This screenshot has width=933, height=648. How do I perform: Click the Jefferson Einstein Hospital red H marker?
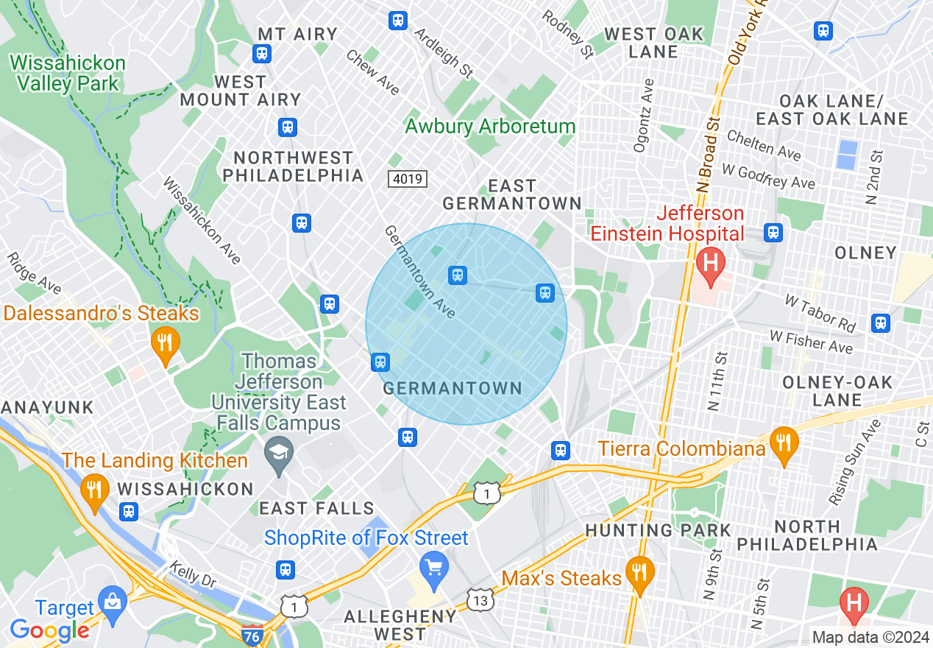click(710, 263)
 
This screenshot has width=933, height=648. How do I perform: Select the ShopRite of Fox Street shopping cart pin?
click(434, 568)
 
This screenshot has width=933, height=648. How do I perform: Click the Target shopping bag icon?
click(113, 600)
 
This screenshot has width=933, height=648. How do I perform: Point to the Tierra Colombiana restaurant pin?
click(784, 443)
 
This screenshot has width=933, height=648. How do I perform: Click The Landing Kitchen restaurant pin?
click(93, 489)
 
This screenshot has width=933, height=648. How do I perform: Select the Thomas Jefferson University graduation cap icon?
click(279, 448)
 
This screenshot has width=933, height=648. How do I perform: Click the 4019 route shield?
click(407, 178)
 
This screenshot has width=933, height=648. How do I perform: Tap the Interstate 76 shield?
click(252, 634)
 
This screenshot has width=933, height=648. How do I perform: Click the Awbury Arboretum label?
click(490, 126)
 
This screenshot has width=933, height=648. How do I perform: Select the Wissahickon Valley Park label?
click(68, 73)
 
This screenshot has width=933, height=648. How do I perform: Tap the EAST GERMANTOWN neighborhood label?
click(512, 194)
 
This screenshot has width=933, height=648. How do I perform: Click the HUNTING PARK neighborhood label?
click(658, 530)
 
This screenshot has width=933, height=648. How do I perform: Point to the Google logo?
click(49, 630)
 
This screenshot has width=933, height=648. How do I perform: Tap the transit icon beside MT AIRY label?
click(261, 54)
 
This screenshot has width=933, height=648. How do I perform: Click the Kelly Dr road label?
click(192, 574)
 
